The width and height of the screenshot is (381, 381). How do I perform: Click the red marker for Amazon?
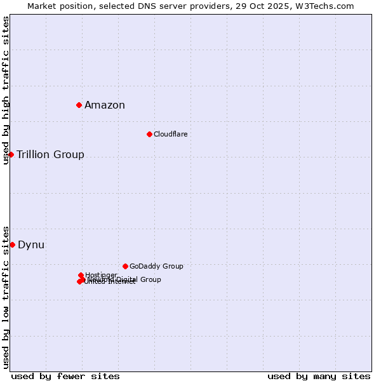click(79, 105)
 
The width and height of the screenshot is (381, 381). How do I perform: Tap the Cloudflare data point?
click(149, 134)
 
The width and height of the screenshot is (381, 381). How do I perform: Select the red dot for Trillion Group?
click(11, 154)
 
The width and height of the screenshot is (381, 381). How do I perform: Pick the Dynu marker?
click(12, 244)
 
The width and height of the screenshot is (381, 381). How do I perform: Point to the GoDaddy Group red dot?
click(125, 266)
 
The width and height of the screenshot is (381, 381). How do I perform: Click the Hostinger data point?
click(81, 275)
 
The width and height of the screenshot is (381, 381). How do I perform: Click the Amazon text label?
click(105, 105)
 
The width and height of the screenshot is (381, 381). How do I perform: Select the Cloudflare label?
click(170, 134)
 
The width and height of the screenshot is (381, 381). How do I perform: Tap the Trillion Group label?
click(50, 155)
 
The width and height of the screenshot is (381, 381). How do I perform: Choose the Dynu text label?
click(31, 245)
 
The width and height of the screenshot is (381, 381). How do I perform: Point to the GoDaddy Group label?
click(156, 266)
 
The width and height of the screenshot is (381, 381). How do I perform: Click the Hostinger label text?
click(101, 275)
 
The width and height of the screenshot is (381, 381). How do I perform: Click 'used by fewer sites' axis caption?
click(65, 376)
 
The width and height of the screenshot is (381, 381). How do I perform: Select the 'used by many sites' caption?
click(319, 376)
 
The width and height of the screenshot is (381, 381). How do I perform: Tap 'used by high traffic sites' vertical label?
click(6, 90)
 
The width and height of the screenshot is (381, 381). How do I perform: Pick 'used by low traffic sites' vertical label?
click(6, 297)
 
